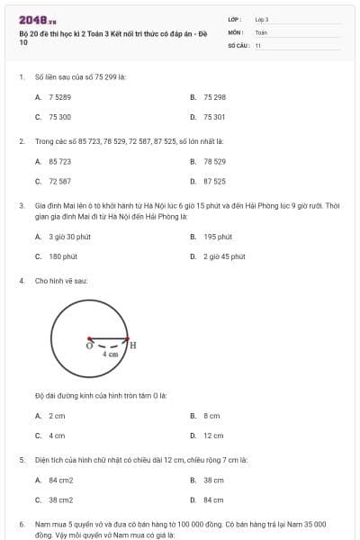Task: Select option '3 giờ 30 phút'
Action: pos(69,237)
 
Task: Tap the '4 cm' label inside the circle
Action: pos(110,355)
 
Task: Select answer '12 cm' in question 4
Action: pos(213,436)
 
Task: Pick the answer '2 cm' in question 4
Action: pos(57,416)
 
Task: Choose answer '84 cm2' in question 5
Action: pos(60,480)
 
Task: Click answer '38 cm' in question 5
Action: pos(213,480)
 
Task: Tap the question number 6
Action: pos(21,523)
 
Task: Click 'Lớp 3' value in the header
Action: pos(262,19)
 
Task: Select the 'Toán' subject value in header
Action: pos(261,31)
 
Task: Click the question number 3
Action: pos(21,205)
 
